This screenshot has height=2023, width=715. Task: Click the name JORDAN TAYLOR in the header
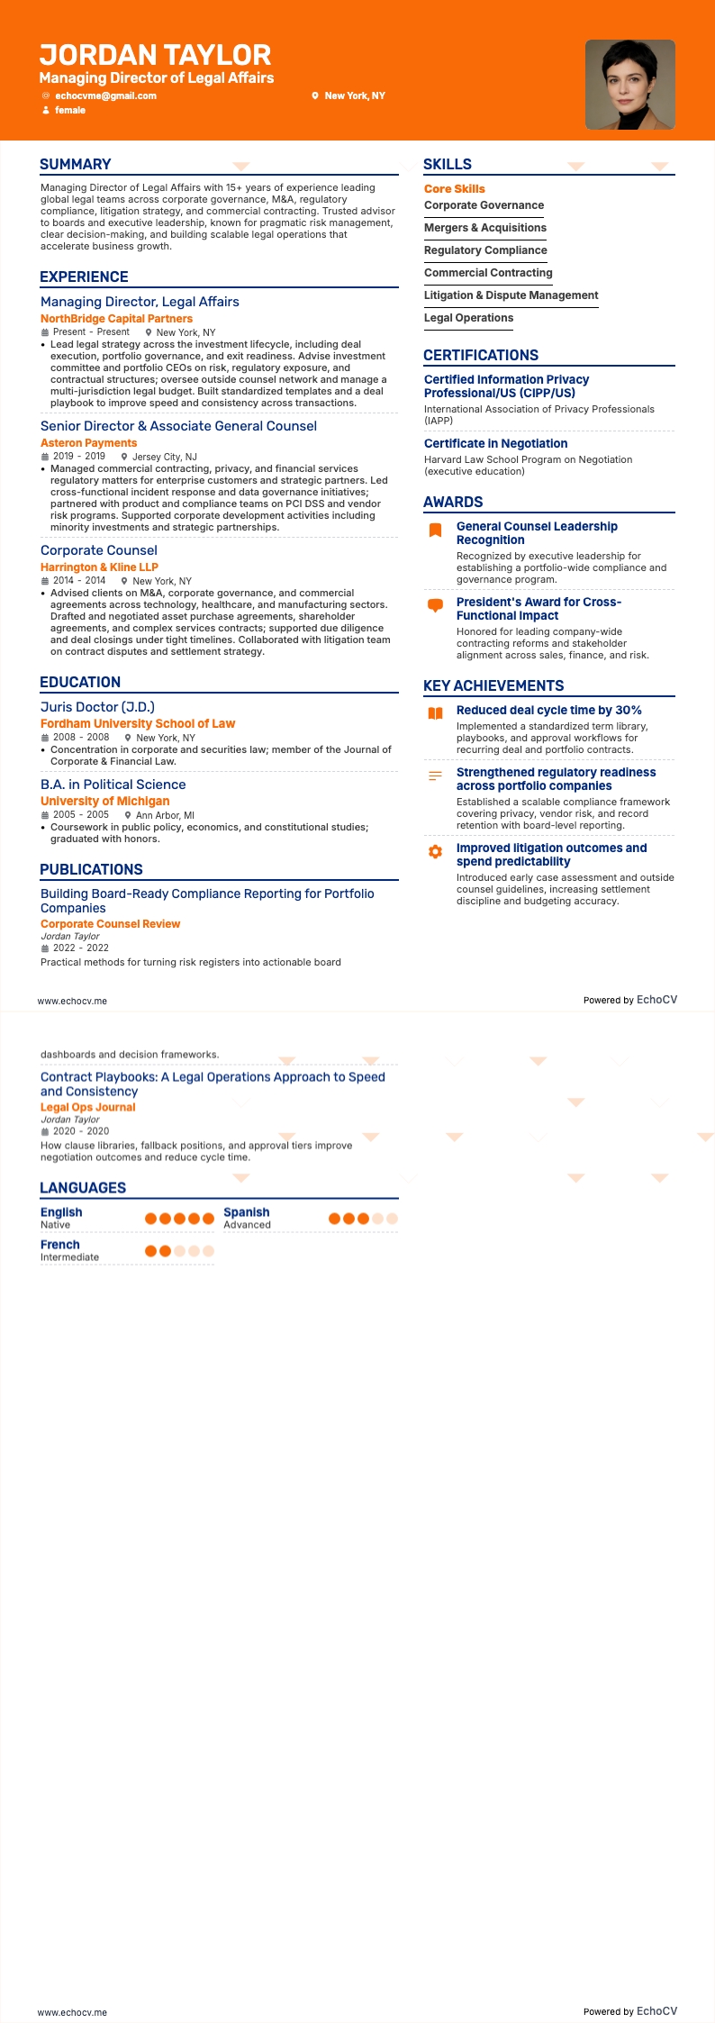point(155,55)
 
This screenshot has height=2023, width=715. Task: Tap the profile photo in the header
point(629,85)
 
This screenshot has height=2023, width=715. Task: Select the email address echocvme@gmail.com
point(105,95)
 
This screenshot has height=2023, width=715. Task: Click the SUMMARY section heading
point(76,164)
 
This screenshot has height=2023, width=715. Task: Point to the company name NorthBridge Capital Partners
point(116,319)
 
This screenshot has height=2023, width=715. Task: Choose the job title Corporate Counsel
point(99,550)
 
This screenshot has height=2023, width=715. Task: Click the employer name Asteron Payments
point(88,443)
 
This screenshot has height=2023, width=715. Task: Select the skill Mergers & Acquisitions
point(484,228)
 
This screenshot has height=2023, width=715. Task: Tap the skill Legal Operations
point(468,318)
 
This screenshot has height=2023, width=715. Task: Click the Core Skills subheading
point(454,189)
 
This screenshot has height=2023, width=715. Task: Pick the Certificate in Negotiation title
point(495,443)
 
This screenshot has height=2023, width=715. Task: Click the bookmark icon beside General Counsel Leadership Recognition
point(435,530)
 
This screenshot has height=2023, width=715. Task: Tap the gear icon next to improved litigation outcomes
point(435,851)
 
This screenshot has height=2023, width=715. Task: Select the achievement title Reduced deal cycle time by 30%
point(548,711)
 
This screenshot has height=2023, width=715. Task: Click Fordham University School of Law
point(138,723)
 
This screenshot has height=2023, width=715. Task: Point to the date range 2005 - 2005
point(80,815)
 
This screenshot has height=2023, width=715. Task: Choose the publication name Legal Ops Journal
point(87,1107)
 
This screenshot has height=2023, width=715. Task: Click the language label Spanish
point(246,1212)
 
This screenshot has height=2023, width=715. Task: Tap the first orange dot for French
point(151,1251)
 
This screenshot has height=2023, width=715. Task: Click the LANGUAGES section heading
point(83,1188)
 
